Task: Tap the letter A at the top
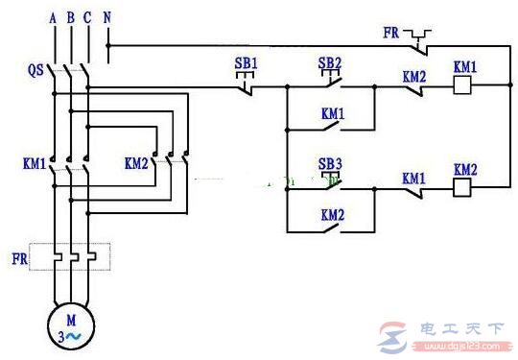click(54, 16)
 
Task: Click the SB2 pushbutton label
click(330, 63)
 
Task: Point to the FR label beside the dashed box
click(18, 257)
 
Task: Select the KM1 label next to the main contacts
click(33, 163)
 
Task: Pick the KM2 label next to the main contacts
click(136, 163)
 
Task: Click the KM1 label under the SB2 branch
click(332, 112)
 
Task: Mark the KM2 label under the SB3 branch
click(332, 215)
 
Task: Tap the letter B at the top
click(71, 16)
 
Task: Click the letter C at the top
click(88, 16)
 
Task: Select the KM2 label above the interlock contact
click(413, 74)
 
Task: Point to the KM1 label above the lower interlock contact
click(413, 178)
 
